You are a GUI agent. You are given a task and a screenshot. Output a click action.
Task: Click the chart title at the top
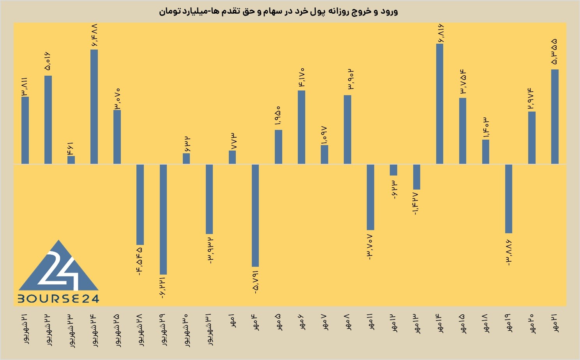[278, 12]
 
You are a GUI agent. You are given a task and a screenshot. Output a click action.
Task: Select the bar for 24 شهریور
[94, 106]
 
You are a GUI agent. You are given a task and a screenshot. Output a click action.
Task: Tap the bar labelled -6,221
[163, 219]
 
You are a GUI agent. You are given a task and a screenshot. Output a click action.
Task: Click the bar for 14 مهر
[440, 104]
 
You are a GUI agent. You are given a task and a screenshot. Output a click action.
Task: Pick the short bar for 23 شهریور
[71, 160]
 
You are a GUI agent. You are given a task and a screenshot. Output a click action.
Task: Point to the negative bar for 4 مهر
[255, 215]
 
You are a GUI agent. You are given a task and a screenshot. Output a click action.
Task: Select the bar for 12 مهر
[393, 170]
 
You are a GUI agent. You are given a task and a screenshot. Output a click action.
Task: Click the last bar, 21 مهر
[555, 117]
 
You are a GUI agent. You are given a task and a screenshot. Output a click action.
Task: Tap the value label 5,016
[48, 61]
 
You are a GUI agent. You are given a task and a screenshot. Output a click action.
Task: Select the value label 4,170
[301, 77]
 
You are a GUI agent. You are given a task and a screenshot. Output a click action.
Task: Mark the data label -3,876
[509, 253]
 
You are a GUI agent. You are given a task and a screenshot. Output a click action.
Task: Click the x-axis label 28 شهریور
[140, 330]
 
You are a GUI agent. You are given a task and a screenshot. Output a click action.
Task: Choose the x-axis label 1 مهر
[232, 321]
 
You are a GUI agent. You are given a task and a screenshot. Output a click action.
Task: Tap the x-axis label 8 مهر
[347, 322]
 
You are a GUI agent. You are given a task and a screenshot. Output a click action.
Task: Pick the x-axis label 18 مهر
[486, 323]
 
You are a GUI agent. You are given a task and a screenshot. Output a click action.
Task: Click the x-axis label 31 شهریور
[209, 330]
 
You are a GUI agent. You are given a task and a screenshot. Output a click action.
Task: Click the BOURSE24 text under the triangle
[58, 299]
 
